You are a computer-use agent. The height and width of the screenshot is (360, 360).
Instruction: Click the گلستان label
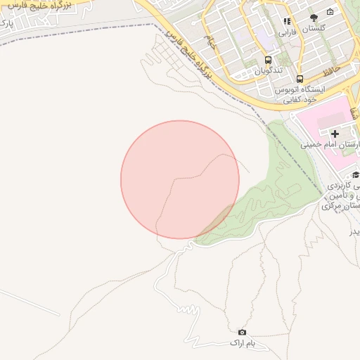point(313,30)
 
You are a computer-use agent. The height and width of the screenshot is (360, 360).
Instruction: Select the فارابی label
point(287,32)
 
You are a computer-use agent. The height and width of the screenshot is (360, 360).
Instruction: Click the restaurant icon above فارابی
point(287,20)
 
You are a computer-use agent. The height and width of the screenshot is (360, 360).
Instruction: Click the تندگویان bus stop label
point(268,70)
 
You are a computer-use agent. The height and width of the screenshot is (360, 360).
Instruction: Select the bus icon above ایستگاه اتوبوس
point(300,79)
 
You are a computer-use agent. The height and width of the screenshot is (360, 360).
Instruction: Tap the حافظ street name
point(333,71)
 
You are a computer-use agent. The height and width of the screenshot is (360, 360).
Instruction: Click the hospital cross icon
point(335,133)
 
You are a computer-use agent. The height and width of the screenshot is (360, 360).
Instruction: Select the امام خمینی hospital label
point(330,145)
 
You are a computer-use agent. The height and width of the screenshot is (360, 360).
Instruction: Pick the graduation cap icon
point(355,175)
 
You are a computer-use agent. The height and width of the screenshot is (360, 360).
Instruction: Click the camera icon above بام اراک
point(243,332)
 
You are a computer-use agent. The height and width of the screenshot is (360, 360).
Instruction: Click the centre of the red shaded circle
point(180,179)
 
